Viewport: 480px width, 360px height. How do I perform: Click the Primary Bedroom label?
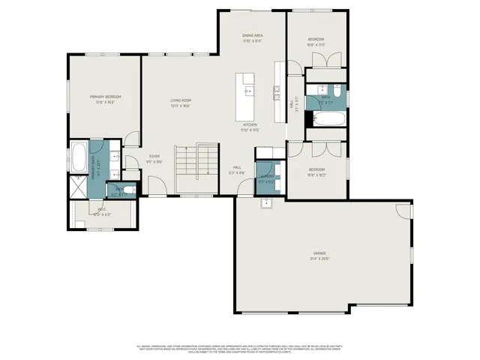pos(106,97)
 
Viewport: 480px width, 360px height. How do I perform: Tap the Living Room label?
pos(181,100)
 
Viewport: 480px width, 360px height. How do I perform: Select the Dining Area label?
pos(252,35)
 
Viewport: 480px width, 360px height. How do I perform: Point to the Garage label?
pos(320,253)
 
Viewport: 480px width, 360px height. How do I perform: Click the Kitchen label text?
pos(250,124)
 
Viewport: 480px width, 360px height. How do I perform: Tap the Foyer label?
pos(154,156)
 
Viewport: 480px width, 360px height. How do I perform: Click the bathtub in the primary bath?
pos(79,158)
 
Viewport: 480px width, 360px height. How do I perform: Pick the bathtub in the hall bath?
pos(328,119)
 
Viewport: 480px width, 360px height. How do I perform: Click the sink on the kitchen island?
pos(248,91)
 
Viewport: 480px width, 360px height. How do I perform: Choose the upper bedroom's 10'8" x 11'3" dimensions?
pos(316,45)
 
